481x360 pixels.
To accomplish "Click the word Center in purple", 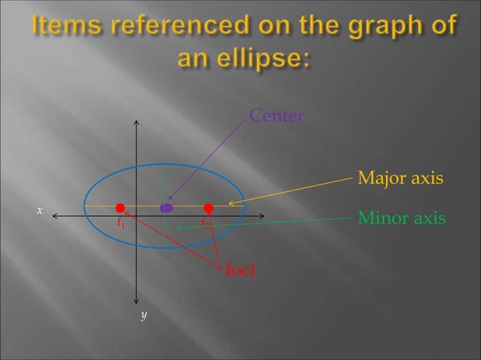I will point(277,117).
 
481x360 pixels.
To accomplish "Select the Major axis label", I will point(400,179).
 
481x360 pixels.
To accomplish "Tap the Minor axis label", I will point(401,218).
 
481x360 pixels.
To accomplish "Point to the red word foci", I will point(240,269).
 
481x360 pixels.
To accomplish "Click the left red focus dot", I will point(120,207).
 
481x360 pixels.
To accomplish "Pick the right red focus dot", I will point(209,207).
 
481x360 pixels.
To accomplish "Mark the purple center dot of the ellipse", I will point(167,207).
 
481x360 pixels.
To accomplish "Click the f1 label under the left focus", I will point(120,223).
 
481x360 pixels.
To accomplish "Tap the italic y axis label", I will point(142,314).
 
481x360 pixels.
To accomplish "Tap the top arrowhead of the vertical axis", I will point(136,123).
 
